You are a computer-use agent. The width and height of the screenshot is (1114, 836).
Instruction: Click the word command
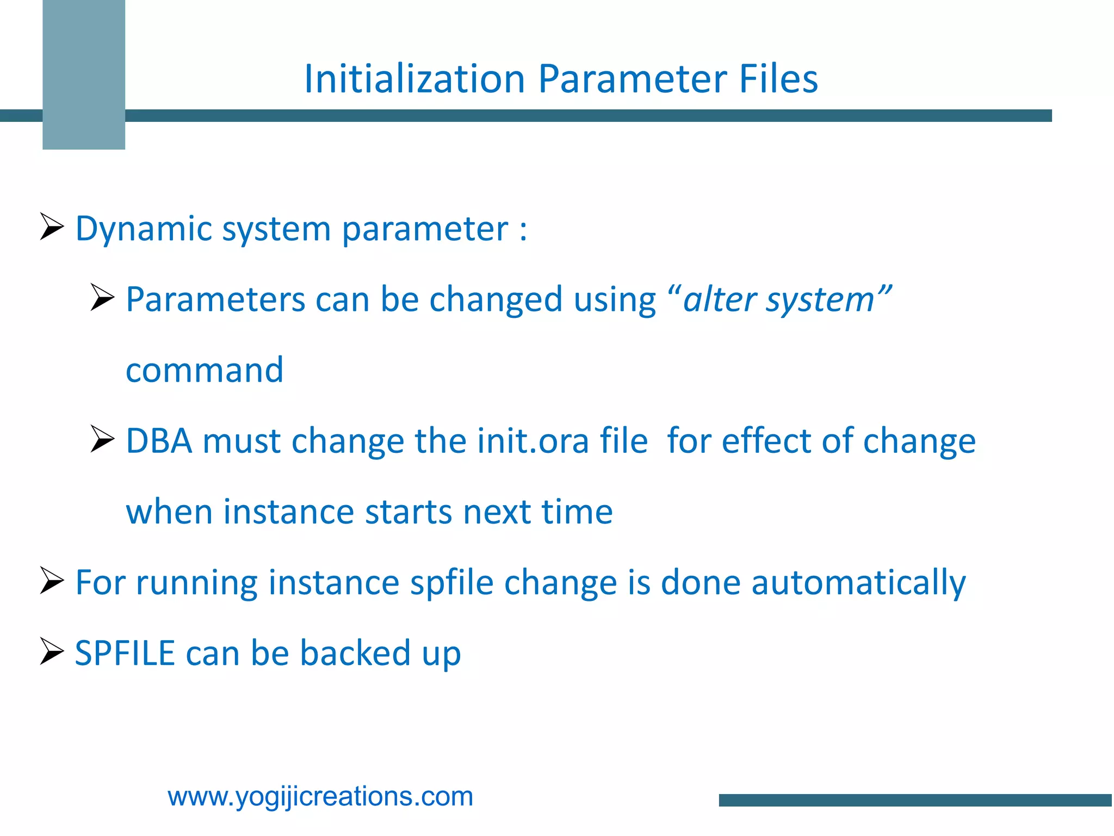coord(205,370)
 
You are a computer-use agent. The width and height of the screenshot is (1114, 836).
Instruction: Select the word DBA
coord(159,441)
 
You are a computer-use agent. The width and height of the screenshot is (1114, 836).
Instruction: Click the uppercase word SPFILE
coord(125,653)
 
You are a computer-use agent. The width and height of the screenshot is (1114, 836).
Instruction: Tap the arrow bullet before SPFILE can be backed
coord(52,651)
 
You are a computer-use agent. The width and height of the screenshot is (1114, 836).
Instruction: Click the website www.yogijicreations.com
coord(320,797)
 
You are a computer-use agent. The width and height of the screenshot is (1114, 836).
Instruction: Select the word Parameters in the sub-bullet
coord(215,300)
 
